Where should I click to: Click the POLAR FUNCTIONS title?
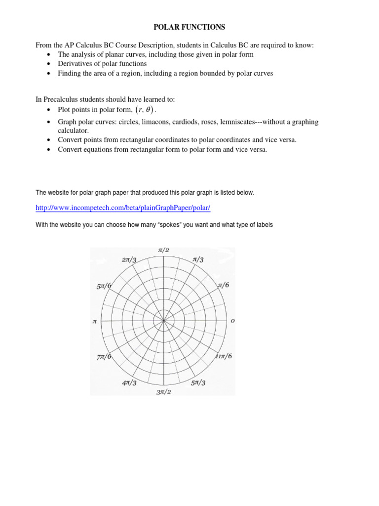[190, 27]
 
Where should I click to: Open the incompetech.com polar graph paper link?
[123, 208]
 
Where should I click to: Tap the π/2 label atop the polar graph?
[163, 251]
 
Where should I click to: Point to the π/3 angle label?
[198, 259]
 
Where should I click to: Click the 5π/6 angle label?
[104, 286]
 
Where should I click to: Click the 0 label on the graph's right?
[233, 321]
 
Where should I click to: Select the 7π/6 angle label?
[104, 356]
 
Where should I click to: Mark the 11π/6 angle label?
[223, 356]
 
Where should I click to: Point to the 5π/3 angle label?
[198, 382]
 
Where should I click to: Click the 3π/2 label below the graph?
[163, 392]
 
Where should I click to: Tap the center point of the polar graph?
[163, 321]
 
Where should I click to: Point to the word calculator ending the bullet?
[74, 130]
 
